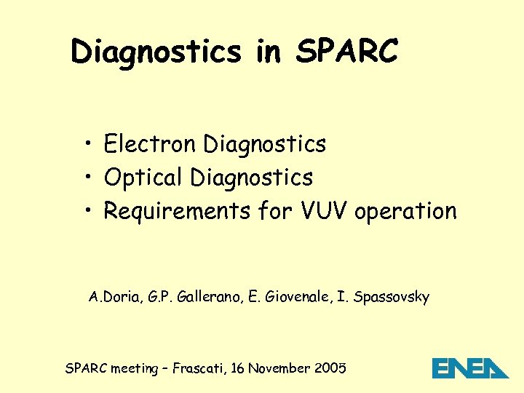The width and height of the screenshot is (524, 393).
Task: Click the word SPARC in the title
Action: click(347, 51)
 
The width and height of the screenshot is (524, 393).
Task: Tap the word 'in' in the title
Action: click(269, 51)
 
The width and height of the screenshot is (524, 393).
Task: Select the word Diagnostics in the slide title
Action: click(156, 51)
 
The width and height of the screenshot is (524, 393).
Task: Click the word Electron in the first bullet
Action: click(150, 144)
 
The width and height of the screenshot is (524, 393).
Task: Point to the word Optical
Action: click(143, 178)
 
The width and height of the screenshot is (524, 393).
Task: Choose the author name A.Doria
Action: click(112, 297)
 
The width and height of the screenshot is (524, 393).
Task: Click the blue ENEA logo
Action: click(470, 368)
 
